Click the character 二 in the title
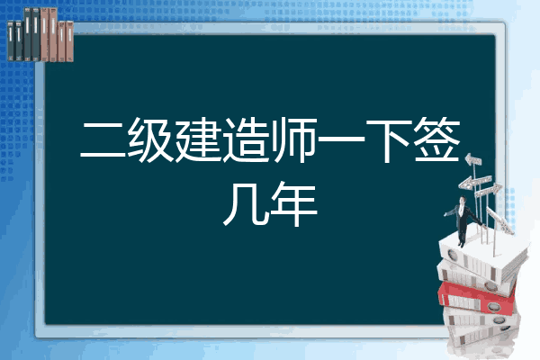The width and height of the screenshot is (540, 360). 103,140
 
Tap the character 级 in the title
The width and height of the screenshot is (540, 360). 151,139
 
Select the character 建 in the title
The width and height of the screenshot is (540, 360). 198,139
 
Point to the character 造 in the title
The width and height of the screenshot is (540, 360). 246,139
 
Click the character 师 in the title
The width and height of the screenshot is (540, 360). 294,139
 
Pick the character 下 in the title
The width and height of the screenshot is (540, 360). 389,140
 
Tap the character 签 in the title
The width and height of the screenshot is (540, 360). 436,139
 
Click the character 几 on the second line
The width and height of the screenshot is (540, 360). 246,203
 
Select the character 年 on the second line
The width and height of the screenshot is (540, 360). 293,203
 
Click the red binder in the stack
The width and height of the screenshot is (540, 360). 477,298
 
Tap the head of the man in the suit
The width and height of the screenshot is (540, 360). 463,201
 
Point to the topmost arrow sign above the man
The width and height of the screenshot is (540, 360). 473,159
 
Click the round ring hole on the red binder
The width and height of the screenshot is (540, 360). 493,306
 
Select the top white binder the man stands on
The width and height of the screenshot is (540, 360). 482,257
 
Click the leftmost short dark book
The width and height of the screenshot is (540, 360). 11,40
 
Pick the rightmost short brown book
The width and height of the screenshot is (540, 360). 69,41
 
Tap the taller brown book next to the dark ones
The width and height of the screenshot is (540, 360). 45,34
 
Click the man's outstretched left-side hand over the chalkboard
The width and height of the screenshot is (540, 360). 445,214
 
